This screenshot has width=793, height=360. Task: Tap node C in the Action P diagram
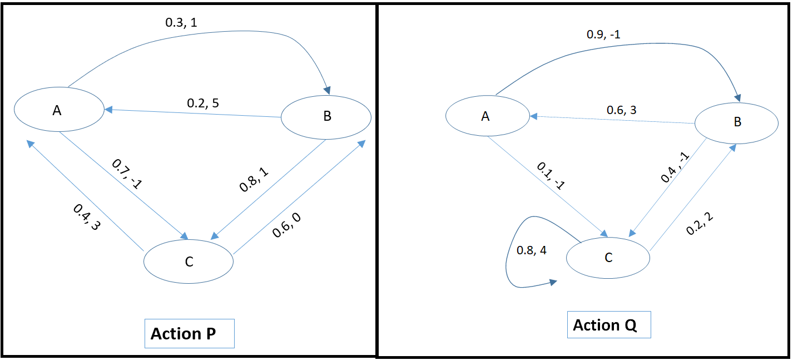point(189,262)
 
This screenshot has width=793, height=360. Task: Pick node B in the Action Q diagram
point(737,122)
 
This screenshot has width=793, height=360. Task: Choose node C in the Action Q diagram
point(608,258)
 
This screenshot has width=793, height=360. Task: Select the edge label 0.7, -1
point(127,175)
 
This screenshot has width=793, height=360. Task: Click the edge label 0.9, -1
point(603,34)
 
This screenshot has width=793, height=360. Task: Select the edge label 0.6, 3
point(621,110)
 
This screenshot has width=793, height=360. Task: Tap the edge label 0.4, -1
point(675,167)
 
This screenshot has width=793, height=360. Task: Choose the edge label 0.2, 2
point(701,223)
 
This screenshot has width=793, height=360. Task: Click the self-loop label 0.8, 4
point(532,250)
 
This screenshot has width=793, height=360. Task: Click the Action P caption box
point(189,334)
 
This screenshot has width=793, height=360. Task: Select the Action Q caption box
point(608,324)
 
